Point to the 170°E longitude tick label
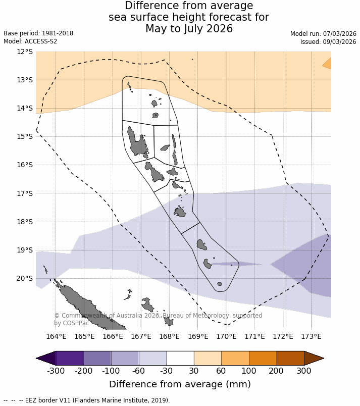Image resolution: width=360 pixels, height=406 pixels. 226,337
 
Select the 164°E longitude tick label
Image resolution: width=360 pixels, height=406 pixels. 57,337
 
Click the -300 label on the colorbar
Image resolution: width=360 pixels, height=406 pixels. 56,371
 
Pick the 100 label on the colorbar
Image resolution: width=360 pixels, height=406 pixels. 249,371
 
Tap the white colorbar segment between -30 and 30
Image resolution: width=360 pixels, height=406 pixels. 180,358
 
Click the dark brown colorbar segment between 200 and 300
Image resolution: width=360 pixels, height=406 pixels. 290,358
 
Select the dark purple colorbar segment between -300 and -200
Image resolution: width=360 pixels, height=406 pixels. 70,358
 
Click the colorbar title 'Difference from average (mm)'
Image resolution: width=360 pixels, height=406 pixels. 180,384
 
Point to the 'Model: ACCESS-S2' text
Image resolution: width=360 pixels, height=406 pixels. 30,41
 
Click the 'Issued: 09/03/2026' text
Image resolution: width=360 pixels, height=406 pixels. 328,42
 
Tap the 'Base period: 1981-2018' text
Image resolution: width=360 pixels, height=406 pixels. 38,33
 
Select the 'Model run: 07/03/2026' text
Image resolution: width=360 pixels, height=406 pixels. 323,34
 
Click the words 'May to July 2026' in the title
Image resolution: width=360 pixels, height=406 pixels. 189,29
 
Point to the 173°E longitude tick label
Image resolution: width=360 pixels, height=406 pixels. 311,337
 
